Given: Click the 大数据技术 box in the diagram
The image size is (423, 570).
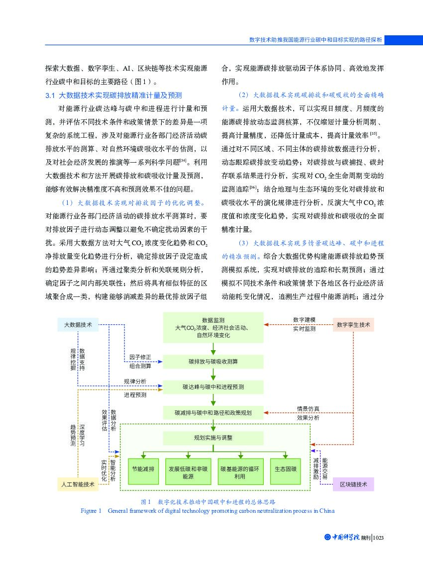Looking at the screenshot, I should click(78, 325).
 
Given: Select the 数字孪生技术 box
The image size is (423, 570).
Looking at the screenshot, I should click(353, 325).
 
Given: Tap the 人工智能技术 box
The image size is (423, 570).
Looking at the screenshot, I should click(78, 484).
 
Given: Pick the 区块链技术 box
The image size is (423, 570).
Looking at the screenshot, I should click(353, 484).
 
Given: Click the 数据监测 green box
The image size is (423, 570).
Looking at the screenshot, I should click(213, 327).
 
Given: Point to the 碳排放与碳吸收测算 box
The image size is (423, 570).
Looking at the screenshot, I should click(213, 362).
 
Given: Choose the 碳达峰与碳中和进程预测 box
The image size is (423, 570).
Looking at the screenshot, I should click(213, 386).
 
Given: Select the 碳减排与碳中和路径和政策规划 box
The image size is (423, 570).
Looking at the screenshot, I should click(213, 412).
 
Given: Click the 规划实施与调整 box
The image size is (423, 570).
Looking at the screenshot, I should click(213, 438).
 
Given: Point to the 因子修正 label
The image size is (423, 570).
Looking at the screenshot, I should click(140, 357).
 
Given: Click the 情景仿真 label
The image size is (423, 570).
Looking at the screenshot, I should click(309, 409).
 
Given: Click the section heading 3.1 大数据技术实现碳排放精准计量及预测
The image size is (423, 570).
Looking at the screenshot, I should click(113, 95).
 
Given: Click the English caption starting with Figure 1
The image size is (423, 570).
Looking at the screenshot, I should click(208, 511).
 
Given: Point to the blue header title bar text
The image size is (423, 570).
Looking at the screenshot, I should click(316, 40).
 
